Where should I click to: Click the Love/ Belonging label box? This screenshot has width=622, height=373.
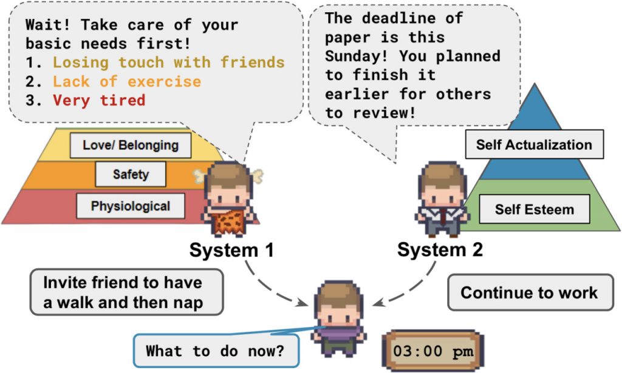click(131, 146)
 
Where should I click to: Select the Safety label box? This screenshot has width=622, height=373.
click(131, 174)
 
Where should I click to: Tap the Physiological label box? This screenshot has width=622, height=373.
click(131, 206)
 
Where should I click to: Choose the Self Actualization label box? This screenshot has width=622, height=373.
click(535, 144)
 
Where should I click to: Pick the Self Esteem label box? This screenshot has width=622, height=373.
click(535, 209)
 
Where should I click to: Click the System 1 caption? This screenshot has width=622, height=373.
click(231, 250)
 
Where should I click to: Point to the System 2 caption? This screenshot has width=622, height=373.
click(440, 250)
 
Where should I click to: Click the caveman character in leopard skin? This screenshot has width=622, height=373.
click(229, 199)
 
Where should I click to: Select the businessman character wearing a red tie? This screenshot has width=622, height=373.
click(442, 199)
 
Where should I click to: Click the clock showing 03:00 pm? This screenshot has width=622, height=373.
click(432, 351)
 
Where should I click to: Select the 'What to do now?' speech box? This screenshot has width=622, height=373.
click(216, 351)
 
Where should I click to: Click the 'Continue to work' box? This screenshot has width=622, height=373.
click(530, 292)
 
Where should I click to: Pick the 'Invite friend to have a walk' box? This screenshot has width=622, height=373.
click(126, 292)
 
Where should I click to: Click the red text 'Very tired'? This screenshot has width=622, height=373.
click(99, 101)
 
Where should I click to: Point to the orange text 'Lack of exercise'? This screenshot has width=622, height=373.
click(127, 81)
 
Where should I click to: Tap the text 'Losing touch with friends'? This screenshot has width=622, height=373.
click(169, 62)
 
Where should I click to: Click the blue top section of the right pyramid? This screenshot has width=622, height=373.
click(535, 119)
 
